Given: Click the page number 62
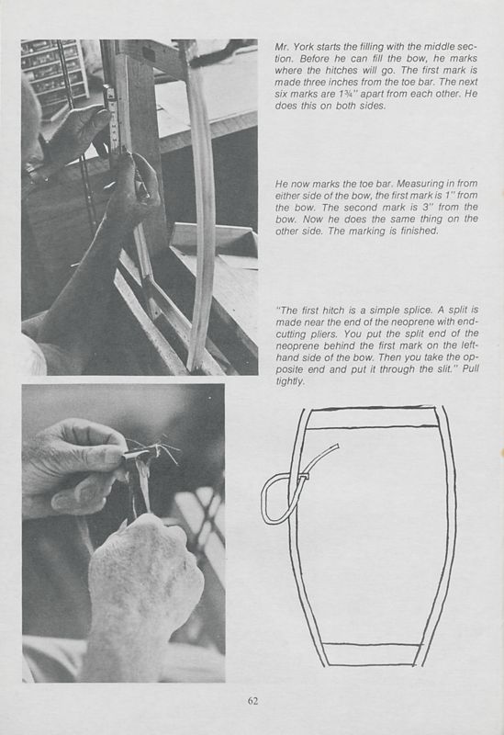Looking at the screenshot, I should tap(252, 701).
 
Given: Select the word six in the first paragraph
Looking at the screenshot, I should tap(284, 107).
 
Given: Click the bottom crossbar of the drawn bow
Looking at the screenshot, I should tap(371, 653).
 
